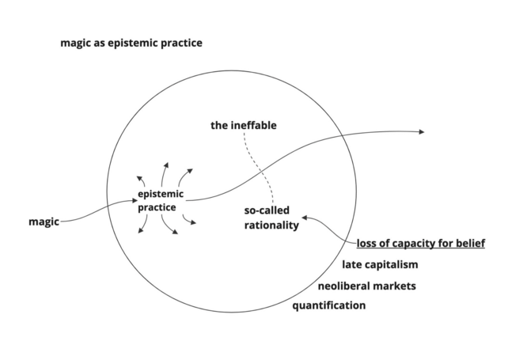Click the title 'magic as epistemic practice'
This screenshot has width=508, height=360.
[131, 43]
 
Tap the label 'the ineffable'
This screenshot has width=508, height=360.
[244, 126]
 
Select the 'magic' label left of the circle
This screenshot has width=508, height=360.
[44, 222]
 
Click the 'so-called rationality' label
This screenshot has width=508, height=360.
[271, 218]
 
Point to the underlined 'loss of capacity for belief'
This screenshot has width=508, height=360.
[420, 243]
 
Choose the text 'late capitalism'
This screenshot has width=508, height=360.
[380, 264]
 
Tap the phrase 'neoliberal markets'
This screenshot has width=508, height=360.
[366, 286]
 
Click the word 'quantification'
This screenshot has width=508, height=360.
[329, 305]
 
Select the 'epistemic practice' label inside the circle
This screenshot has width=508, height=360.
[161, 201]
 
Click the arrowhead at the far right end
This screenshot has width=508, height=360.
[421, 132]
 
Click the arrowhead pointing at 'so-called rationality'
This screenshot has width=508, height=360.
[305, 218]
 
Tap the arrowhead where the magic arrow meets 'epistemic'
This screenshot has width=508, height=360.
[134, 202]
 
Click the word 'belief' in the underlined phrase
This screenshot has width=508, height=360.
[468, 243]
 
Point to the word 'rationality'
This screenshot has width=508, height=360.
[271, 225]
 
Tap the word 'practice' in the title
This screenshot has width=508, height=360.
[180, 43]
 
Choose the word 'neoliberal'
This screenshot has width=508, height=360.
[343, 286]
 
